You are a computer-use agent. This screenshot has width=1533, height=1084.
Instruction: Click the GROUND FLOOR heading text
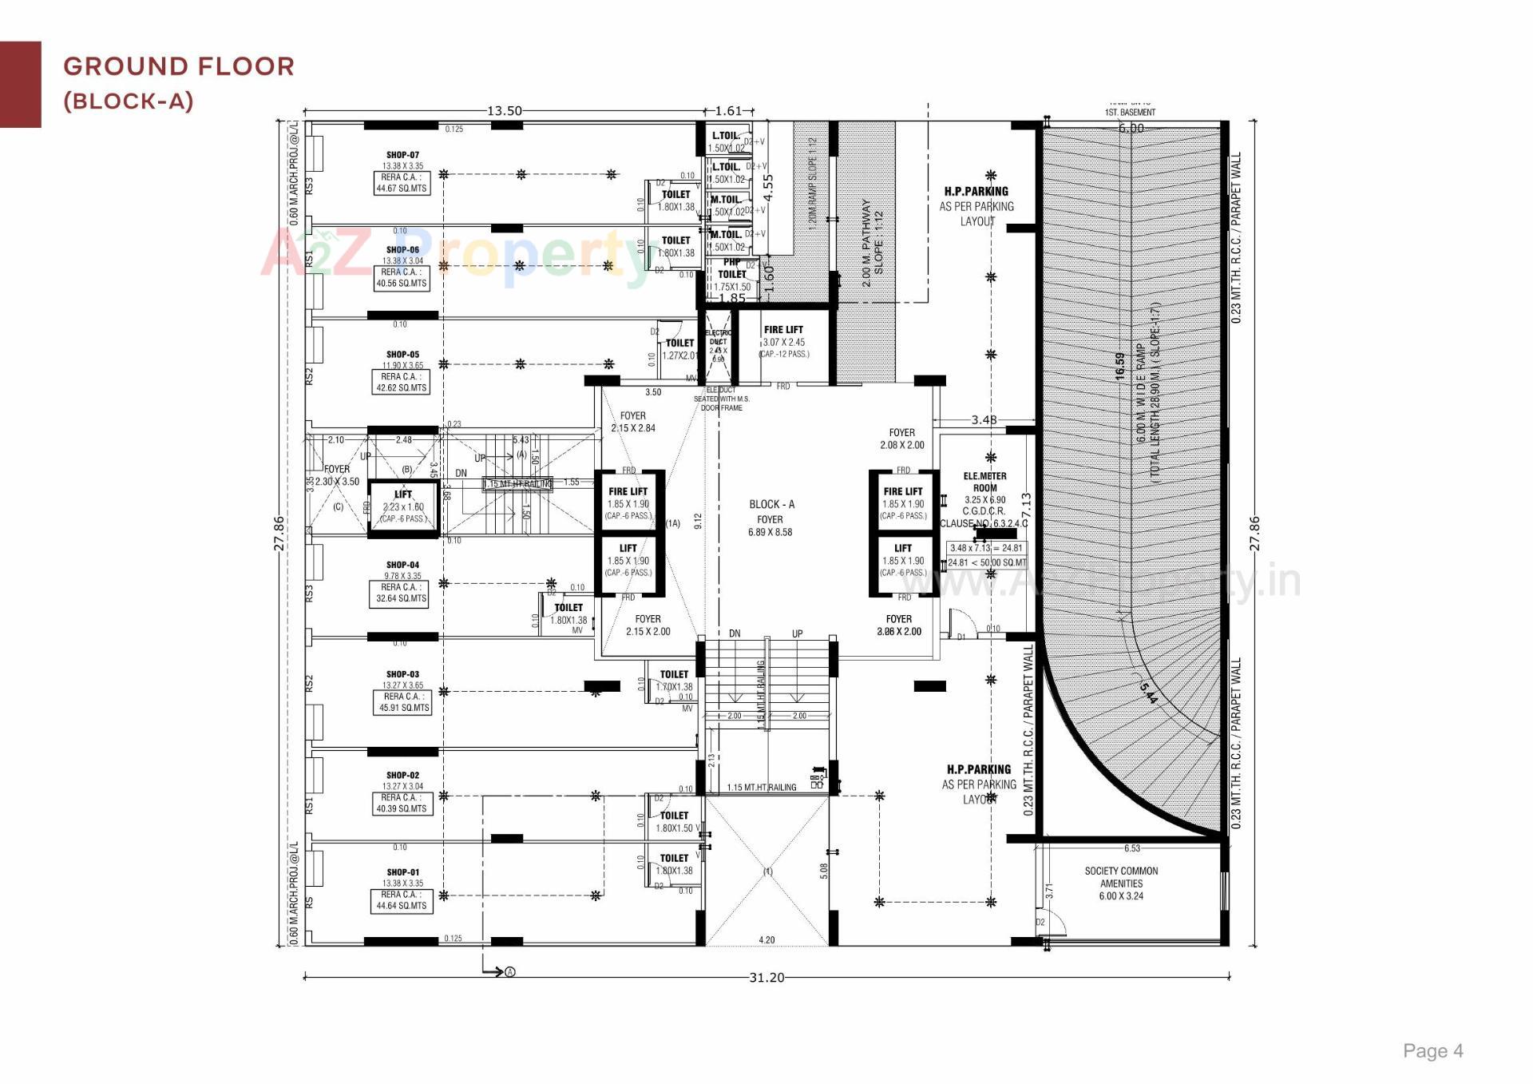pos(179,66)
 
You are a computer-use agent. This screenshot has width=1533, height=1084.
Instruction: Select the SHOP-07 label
pos(402,155)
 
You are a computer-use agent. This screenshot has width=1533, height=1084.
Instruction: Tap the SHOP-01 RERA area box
pos(402,900)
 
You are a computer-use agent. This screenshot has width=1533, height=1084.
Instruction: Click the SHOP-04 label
pos(402,565)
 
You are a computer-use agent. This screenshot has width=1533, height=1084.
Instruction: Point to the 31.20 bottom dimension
pos(766,977)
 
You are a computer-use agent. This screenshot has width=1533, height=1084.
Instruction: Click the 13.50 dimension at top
pos(505,111)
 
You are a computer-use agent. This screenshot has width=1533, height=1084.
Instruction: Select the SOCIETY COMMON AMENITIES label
pos(1121,877)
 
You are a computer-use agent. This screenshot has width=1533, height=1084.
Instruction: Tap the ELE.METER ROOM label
pos(984,482)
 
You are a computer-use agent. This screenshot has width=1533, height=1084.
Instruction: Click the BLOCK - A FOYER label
pos(771,510)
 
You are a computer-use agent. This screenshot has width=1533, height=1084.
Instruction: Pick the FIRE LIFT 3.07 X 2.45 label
pos(783,330)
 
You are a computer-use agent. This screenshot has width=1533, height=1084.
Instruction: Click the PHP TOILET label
pos(732,268)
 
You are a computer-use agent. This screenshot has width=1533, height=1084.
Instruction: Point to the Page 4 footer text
pos(1432,1051)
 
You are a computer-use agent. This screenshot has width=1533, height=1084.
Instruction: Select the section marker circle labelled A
pos(510,972)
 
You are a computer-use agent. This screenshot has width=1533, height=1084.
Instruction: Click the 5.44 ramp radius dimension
pos(1148,693)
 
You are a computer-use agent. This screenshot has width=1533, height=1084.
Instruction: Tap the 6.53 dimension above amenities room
pos(1131,848)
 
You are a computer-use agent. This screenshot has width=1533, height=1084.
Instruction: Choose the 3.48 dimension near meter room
pos(984,420)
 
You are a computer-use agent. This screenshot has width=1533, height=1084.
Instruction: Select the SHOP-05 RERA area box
pos(402,382)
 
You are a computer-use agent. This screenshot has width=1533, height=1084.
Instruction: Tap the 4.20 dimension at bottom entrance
pos(766,940)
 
